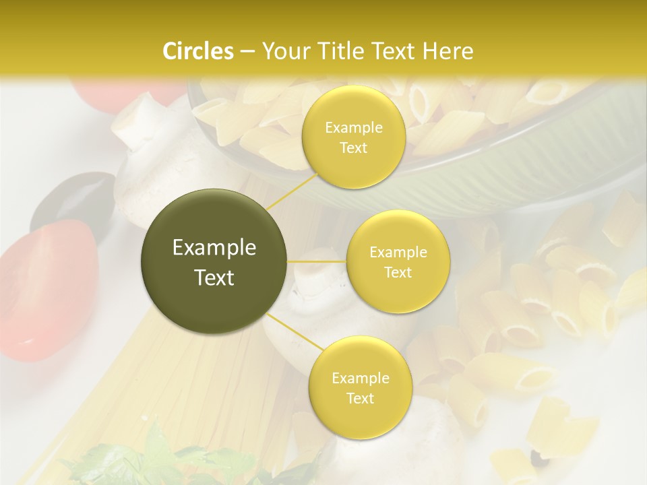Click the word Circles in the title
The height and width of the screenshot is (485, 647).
point(197,51)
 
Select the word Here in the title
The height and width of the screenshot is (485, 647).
point(448,51)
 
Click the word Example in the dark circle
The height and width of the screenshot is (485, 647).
point(214,248)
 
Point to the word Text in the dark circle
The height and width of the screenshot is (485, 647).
point(214,278)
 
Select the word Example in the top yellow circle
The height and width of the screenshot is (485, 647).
point(354,128)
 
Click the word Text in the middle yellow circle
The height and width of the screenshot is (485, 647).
point(398,273)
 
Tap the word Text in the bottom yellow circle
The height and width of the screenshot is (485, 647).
point(360,398)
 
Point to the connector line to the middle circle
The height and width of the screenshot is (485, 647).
point(317,261)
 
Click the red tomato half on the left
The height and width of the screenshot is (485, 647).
point(37,290)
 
